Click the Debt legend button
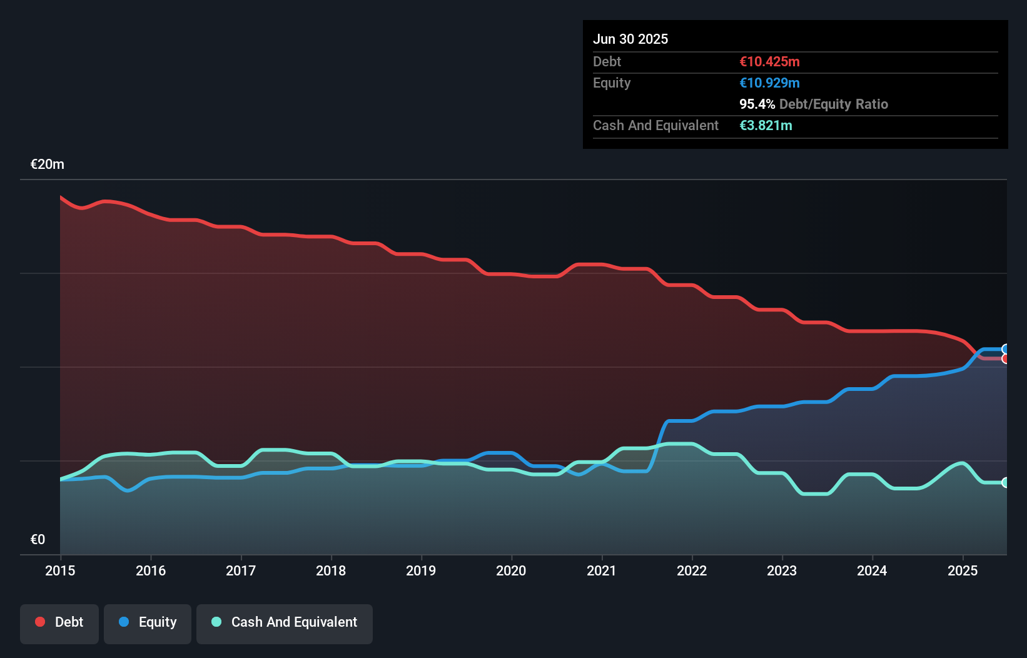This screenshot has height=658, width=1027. click(x=59, y=623)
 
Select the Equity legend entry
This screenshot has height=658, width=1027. click(x=148, y=623)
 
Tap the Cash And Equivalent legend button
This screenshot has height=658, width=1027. click(x=285, y=623)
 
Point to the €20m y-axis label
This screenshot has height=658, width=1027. click(x=48, y=164)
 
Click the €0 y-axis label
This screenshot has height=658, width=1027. click(x=38, y=540)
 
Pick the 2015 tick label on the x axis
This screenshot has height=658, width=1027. click(x=60, y=571)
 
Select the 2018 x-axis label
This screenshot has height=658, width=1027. click(x=331, y=571)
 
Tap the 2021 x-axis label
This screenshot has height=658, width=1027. click(x=601, y=571)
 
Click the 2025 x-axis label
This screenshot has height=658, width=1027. click(x=962, y=571)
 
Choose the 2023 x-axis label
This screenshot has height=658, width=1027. click(x=782, y=571)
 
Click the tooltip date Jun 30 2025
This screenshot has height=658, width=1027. click(x=630, y=39)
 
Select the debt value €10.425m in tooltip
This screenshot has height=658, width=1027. click(x=769, y=62)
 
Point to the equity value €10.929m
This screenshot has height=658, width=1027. click(x=769, y=83)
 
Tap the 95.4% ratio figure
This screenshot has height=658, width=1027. click(x=757, y=104)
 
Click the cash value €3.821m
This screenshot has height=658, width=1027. click(x=766, y=126)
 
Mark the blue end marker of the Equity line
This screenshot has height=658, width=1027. click(x=1006, y=349)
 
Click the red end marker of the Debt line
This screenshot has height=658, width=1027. click(x=1006, y=359)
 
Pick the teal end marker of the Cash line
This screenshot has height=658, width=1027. click(x=1006, y=482)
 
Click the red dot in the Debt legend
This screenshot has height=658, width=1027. click(x=40, y=622)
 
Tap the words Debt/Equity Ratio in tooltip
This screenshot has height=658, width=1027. click(x=833, y=104)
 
